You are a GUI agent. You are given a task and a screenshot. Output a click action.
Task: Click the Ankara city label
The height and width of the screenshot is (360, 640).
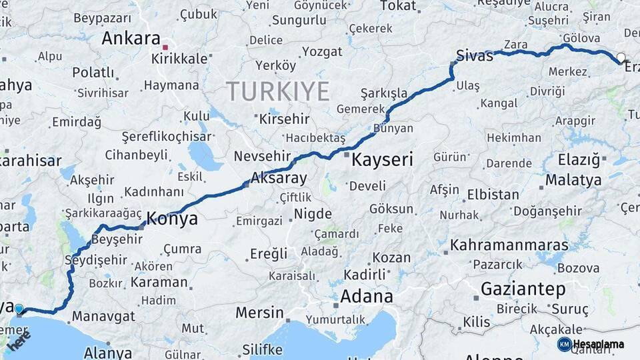tap(131, 38)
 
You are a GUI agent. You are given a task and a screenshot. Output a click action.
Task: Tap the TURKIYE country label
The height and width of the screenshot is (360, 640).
tap(278, 91)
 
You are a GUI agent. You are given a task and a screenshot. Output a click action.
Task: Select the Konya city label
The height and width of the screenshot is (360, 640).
tap(171, 219)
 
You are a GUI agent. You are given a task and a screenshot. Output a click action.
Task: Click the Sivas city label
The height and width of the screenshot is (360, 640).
tap(475, 55)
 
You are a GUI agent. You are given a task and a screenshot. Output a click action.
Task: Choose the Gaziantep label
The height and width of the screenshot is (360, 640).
tap(523, 289)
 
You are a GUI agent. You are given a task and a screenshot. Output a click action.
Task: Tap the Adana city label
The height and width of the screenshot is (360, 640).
tap(367, 295)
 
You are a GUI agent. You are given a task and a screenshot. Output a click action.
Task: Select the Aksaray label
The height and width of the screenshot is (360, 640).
tap(279, 179)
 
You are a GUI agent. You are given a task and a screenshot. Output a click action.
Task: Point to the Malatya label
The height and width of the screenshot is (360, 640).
tap(573, 180)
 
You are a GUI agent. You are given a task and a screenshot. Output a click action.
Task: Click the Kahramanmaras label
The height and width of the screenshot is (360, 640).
tap(509, 245)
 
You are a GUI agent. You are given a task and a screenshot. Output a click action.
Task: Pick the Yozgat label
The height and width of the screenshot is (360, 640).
tap(322, 51)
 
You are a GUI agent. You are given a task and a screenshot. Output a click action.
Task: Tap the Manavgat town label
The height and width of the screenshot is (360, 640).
tap(103, 315)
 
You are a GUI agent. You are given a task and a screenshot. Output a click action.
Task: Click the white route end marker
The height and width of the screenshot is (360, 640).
tap(621, 58)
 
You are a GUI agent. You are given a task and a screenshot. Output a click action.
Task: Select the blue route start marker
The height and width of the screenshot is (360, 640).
tap(19, 309)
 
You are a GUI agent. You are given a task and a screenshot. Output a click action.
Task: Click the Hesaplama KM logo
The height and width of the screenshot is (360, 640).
tap(591, 344)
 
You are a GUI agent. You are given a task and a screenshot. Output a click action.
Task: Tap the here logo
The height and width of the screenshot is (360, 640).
tap(19, 340)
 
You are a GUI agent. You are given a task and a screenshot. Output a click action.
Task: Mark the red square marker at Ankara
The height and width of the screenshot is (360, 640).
tap(165, 47)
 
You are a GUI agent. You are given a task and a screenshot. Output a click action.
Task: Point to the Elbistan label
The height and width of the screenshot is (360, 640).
tap(493, 195)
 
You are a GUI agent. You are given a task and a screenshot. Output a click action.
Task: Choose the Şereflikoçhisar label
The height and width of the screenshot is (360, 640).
tap(167, 137)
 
